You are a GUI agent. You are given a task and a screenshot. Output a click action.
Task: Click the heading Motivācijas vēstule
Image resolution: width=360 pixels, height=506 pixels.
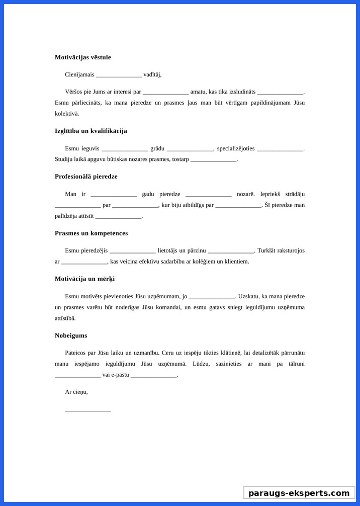(x=83, y=57)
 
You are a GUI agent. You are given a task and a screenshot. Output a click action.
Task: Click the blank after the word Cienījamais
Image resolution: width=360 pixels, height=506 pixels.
(x=119, y=75)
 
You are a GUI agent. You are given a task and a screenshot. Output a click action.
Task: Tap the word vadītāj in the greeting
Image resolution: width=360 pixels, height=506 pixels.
(x=152, y=74)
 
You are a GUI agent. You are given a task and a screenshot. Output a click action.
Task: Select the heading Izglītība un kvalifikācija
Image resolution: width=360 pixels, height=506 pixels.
(x=91, y=131)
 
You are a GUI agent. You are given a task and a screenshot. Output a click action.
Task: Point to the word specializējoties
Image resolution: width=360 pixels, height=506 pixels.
(x=236, y=148)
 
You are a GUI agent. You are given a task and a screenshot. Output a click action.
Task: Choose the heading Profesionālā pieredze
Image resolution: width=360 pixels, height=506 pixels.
(x=86, y=177)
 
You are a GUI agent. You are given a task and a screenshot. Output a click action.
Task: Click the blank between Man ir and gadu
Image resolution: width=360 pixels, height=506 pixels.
(x=114, y=195)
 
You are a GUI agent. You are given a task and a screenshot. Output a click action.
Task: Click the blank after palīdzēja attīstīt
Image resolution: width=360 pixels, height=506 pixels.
(x=119, y=217)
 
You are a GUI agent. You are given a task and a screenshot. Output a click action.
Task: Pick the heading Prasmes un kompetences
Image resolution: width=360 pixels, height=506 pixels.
(x=91, y=233)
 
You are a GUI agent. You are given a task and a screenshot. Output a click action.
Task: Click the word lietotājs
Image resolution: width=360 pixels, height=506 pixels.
(x=168, y=250)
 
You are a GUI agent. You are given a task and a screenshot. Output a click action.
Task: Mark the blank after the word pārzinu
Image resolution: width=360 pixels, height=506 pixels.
(x=231, y=251)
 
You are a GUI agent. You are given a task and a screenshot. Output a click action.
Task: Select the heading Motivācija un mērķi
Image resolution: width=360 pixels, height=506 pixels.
(x=84, y=279)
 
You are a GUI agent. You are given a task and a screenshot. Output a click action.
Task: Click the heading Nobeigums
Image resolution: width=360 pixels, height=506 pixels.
(x=71, y=335)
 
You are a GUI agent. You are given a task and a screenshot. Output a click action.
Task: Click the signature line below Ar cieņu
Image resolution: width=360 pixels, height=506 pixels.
(x=88, y=410)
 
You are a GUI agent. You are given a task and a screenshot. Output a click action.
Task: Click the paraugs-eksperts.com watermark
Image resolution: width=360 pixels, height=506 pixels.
(x=299, y=493)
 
